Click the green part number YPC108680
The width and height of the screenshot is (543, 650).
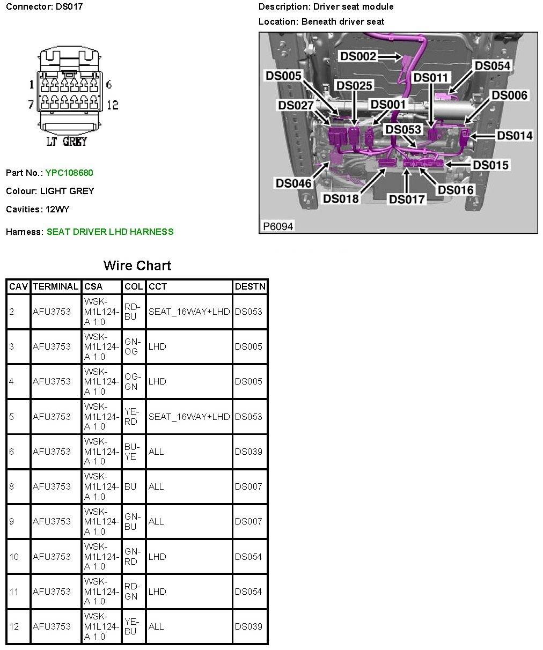tap(69, 173)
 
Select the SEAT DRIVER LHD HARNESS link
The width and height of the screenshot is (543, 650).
tap(110, 232)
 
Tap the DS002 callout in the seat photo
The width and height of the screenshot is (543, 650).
tap(358, 56)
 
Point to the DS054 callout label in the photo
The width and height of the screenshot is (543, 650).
tap(493, 66)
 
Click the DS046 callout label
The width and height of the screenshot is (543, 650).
tap(293, 183)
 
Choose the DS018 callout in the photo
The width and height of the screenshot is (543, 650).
tap(341, 199)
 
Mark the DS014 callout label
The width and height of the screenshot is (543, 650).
tap(515, 136)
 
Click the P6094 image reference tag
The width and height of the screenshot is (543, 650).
tap(278, 226)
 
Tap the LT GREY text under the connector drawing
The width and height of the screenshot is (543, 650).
tap(67, 142)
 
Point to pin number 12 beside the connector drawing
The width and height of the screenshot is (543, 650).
tap(112, 105)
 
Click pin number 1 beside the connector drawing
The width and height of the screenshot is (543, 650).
tap(32, 84)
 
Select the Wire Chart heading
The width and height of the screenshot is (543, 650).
tap(137, 265)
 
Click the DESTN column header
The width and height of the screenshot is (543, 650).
tap(250, 286)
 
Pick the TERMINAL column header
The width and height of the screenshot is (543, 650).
tap(55, 286)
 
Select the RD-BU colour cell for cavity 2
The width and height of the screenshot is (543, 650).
tap(132, 312)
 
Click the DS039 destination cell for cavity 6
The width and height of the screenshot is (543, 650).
tap(248, 452)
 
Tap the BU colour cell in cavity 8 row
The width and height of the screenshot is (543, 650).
tap(130, 486)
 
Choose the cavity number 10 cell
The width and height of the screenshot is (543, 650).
tap(14, 557)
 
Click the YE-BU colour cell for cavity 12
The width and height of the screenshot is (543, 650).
tap(131, 626)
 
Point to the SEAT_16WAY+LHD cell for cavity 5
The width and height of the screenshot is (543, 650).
tap(189, 417)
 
